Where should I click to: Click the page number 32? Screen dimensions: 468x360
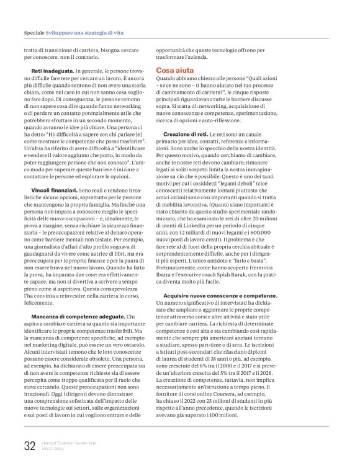(x=30, y=445)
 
